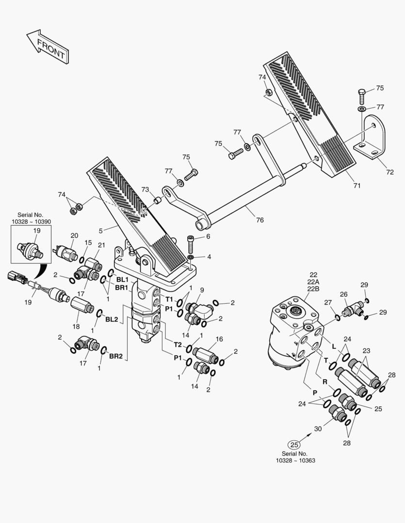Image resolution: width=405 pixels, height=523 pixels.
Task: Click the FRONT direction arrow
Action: click(x=48, y=47)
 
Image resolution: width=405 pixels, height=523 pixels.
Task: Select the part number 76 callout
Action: click(x=260, y=220)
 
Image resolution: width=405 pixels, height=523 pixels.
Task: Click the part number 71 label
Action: click(x=357, y=185)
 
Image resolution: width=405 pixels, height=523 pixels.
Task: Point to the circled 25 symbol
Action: click(x=294, y=444)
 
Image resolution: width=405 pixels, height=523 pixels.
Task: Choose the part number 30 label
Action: click(x=318, y=429)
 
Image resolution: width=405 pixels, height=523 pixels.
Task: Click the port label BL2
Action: click(x=112, y=319)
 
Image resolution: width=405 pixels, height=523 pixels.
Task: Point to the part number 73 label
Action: click(x=145, y=189)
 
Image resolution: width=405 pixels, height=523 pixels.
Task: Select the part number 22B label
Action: click(x=313, y=289)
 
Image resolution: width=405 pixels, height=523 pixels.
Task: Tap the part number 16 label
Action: click(x=219, y=339)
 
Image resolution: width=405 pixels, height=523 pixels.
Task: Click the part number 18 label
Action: click(x=76, y=327)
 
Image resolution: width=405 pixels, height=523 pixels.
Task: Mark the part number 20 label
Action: click(x=74, y=235)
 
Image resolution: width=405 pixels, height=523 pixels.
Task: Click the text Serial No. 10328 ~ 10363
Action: click(x=295, y=457)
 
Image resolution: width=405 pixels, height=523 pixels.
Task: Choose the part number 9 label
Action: click(x=202, y=290)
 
